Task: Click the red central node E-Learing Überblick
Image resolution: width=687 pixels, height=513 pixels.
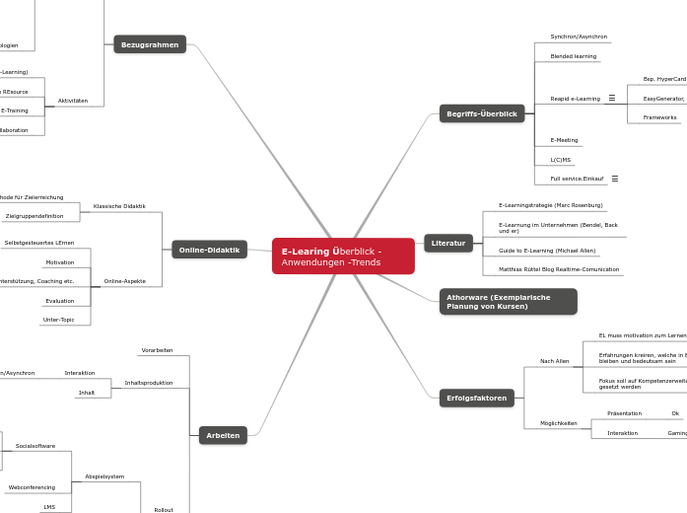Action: tap(343, 256)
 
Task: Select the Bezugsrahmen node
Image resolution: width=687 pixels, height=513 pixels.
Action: tap(150, 44)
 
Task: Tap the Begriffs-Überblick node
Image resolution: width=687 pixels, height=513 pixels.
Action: tap(481, 113)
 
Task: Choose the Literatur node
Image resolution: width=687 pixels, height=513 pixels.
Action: tap(447, 243)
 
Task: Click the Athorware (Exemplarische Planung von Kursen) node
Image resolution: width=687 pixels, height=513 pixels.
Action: tap(508, 302)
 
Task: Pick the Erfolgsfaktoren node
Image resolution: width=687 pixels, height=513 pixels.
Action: tap(476, 399)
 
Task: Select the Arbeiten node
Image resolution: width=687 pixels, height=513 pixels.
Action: tap(223, 435)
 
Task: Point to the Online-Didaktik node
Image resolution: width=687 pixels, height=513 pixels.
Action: tap(209, 250)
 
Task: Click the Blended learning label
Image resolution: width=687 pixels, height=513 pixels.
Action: tap(573, 56)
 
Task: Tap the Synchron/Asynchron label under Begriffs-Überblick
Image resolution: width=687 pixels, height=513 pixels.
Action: tap(579, 37)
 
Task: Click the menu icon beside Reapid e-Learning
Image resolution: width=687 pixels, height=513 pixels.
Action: tap(612, 99)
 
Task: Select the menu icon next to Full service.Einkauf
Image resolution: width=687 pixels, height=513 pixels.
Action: tap(615, 179)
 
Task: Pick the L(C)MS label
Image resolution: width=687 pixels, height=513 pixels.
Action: tap(560, 159)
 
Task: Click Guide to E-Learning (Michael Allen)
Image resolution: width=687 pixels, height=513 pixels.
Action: tap(547, 251)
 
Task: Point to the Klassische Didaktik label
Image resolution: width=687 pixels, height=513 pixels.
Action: tap(119, 206)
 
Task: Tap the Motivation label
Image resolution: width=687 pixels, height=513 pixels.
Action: tap(59, 262)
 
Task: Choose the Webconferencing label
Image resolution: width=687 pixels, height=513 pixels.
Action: tap(32, 487)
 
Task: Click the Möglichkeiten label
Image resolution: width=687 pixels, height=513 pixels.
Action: tap(558, 423)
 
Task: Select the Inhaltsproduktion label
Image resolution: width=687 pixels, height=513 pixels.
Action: tap(148, 383)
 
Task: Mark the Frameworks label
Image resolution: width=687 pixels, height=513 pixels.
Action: tap(659, 117)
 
